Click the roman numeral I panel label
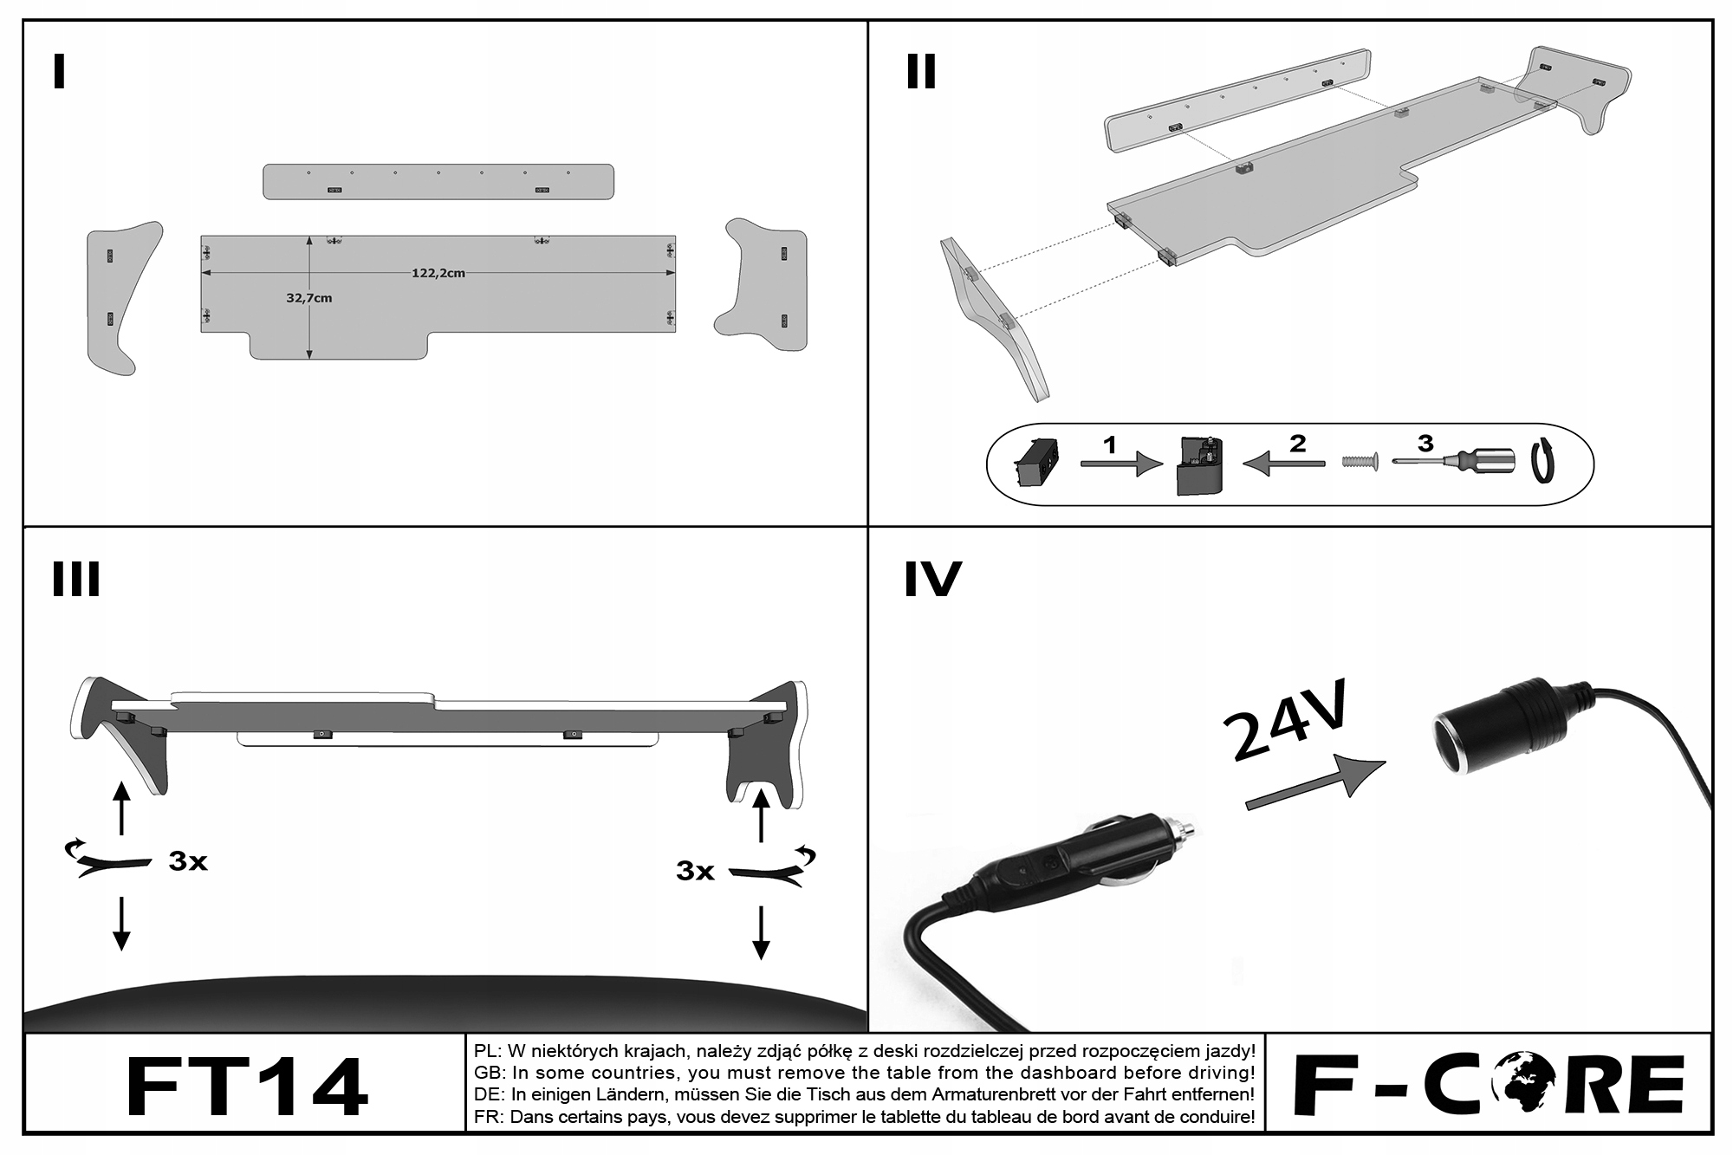pos(59,72)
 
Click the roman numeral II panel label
pos(921,72)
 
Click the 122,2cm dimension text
pos(438,273)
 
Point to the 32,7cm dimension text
pos(309,298)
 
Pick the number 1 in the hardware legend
pos(1109,445)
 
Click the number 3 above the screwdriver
pos(1425,444)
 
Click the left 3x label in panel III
pos(188,861)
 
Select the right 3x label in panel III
pos(695,870)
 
